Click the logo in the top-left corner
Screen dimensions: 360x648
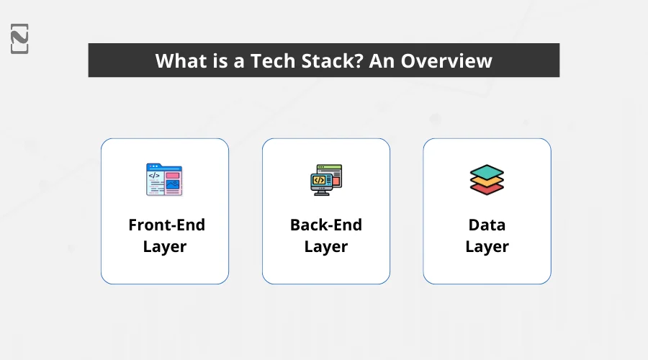click(19, 38)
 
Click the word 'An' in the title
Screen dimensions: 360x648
click(382, 60)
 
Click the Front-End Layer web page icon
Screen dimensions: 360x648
click(164, 180)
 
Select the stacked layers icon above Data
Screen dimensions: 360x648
click(487, 180)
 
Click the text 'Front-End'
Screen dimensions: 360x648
click(166, 225)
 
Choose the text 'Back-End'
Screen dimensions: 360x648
click(326, 225)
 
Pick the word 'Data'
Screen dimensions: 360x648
click(487, 225)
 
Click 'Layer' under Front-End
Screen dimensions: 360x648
click(165, 247)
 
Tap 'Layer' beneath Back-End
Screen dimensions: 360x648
click(326, 247)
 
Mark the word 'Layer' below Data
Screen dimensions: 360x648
click(487, 247)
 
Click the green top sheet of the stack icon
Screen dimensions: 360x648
click(487, 171)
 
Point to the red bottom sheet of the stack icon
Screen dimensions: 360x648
click(487, 189)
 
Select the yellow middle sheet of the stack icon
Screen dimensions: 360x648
click(487, 181)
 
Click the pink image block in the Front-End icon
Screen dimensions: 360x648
click(172, 175)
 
